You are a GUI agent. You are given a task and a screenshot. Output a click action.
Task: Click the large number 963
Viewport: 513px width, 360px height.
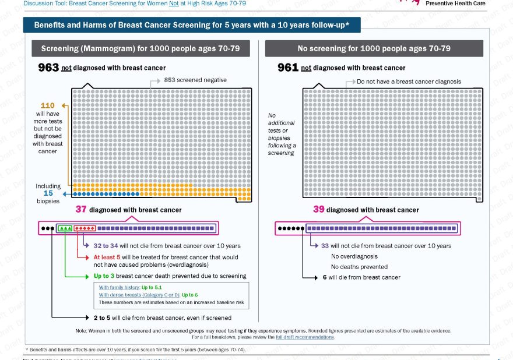pyautogui.click(x=48, y=68)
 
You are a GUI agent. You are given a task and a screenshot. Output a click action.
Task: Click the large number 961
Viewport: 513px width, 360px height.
pyautogui.click(x=288, y=68)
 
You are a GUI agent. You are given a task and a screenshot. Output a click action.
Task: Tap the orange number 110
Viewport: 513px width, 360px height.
pyautogui.click(x=47, y=105)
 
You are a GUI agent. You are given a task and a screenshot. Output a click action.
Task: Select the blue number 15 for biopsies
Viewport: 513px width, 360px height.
pyautogui.click(x=48, y=193)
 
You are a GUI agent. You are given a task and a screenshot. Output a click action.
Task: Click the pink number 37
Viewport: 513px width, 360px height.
pyautogui.click(x=81, y=210)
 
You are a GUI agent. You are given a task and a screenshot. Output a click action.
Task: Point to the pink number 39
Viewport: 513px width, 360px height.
pyautogui.click(x=319, y=210)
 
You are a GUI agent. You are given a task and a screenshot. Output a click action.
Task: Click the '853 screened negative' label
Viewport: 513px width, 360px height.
pyautogui.click(x=195, y=80)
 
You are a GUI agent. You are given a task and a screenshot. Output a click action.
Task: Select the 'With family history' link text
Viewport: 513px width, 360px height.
pyautogui.click(x=119, y=287)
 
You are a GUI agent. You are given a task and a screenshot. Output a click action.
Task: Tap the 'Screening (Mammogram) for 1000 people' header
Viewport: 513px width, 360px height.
pyautogui.click(x=140, y=48)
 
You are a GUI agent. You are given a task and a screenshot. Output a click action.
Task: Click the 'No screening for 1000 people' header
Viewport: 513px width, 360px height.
pyautogui.click(x=374, y=48)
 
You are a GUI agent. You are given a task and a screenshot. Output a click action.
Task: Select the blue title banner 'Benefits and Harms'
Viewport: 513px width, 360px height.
pyautogui.click(x=192, y=25)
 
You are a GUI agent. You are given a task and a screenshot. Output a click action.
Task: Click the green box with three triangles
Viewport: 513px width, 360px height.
pyautogui.click(x=65, y=228)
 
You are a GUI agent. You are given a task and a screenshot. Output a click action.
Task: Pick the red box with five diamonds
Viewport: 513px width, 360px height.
pyautogui.click(x=85, y=228)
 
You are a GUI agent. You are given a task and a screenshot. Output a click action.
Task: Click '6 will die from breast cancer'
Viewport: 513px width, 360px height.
pyautogui.click(x=361, y=277)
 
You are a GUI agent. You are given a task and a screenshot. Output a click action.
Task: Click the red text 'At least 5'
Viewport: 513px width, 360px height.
pyautogui.click(x=107, y=256)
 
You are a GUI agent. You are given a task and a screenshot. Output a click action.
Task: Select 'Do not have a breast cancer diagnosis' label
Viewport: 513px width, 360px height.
pyautogui.click(x=409, y=82)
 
